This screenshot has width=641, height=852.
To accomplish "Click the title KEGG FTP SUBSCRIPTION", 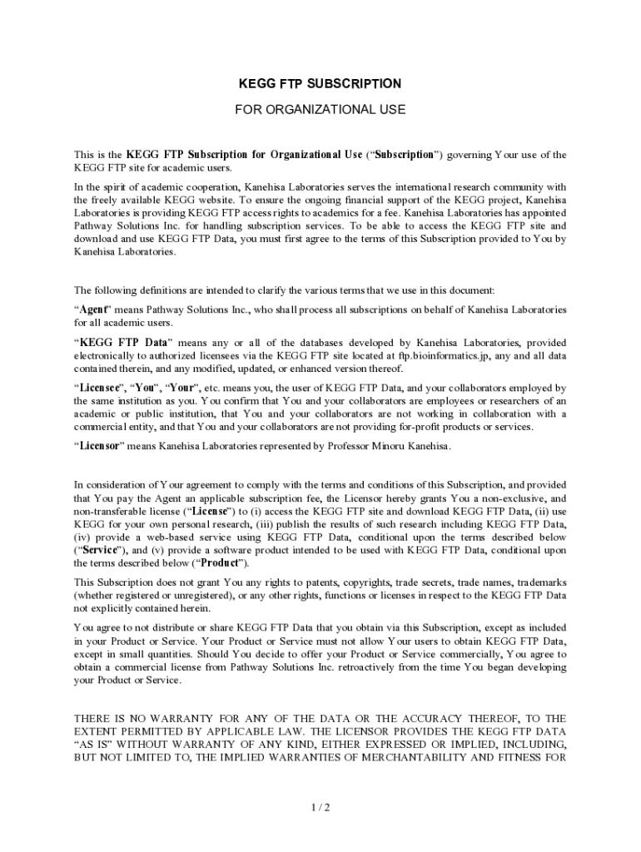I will pyautogui.click(x=320, y=84).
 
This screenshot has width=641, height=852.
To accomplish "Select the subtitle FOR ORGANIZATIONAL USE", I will pyautogui.click(x=320, y=109).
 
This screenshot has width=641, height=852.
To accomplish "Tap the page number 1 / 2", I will pyautogui.click(x=320, y=807).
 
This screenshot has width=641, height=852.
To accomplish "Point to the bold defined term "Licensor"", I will pyautogui.click(x=102, y=446).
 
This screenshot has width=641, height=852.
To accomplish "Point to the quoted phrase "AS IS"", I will pyautogui.click(x=92, y=745).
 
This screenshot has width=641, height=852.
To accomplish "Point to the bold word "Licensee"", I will pyautogui.click(x=102, y=388).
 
